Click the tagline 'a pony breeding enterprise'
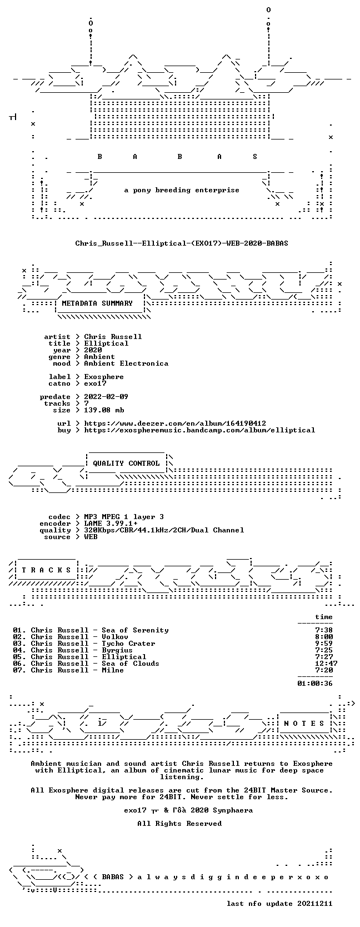[x=182, y=191]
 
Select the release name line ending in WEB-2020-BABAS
[x=182, y=243]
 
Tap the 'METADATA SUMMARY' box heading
[x=97, y=303]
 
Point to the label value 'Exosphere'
[x=104, y=377]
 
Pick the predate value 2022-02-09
[x=106, y=397]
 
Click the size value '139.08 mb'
[x=104, y=410]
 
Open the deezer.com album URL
[x=175, y=424]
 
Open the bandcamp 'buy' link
[x=199, y=430]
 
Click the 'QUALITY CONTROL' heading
[x=126, y=463]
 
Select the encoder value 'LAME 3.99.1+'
[x=111, y=524]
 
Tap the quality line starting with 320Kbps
[x=164, y=530]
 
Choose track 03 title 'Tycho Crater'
[x=128, y=644]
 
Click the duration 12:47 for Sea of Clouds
[x=326, y=664]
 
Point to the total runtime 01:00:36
[x=315, y=683]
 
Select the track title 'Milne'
[x=113, y=670]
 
